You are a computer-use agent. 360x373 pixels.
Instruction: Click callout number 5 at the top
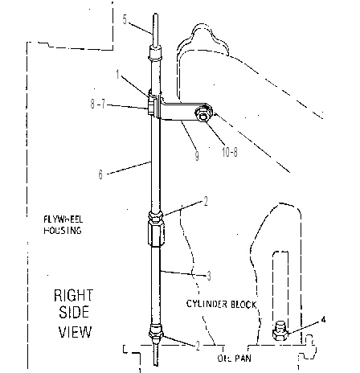click(125, 19)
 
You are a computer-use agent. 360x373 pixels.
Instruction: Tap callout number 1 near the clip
click(117, 74)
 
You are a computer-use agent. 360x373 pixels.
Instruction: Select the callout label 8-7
click(98, 104)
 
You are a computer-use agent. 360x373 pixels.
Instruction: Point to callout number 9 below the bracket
click(197, 155)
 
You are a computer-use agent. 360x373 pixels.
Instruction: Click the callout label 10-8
click(230, 152)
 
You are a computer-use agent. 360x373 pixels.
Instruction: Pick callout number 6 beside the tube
click(100, 174)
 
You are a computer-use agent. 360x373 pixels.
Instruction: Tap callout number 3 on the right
click(209, 276)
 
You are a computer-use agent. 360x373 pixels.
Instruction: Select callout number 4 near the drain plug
click(323, 319)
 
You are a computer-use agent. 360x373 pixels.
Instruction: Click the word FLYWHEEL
click(63, 219)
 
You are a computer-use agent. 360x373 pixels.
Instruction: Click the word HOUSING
click(63, 231)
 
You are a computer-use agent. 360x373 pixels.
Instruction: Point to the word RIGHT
click(73, 296)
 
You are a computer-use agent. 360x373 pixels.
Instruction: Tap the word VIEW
click(76, 332)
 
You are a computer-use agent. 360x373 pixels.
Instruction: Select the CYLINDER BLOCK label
click(221, 304)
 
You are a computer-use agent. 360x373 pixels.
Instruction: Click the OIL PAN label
click(235, 358)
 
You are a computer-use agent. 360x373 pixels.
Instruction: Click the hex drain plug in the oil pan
click(280, 331)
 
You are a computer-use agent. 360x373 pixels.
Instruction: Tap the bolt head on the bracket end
click(203, 114)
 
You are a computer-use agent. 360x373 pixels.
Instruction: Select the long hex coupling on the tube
click(156, 232)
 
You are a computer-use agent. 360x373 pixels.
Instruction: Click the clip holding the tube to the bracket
click(152, 105)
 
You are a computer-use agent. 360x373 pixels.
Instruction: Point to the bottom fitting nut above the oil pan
click(156, 331)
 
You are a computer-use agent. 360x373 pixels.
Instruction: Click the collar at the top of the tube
click(155, 53)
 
